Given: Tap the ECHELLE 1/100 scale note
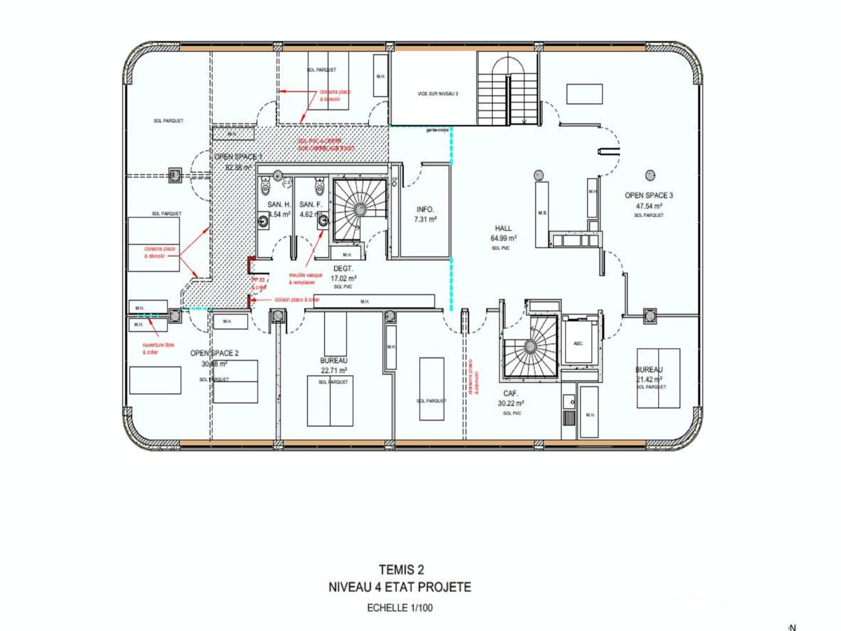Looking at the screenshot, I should [399, 608].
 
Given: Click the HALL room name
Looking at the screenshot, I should [503, 229].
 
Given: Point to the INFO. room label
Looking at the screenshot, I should [425, 210].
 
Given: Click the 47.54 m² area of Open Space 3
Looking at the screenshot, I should [648, 206].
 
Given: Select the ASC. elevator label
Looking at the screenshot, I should [578, 344].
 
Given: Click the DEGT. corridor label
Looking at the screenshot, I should [343, 268].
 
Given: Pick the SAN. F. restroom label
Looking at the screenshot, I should [310, 204].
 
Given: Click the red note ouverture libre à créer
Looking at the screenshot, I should [158, 348].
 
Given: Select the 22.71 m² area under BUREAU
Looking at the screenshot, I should [334, 370].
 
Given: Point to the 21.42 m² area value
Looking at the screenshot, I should [649, 379].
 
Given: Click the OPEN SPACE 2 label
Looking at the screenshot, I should [214, 353].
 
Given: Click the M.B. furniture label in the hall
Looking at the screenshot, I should [543, 213].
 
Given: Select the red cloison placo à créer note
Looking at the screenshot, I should [297, 299].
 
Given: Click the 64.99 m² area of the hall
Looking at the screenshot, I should [503, 238].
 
